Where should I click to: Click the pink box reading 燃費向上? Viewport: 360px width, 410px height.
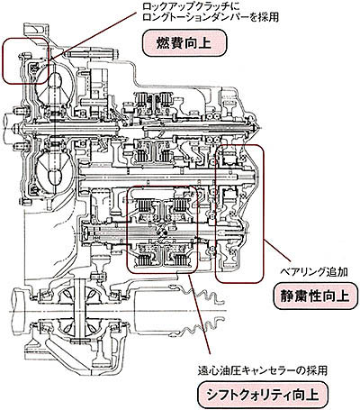[x=184, y=43]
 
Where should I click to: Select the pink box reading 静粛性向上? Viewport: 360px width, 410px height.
[x=316, y=296]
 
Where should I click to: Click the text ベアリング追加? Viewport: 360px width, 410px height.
[x=314, y=272]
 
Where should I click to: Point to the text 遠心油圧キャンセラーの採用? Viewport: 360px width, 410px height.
[x=263, y=370]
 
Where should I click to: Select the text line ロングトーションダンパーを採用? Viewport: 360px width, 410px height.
[x=211, y=17]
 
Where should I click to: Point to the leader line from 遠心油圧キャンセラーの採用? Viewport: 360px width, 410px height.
[x=200, y=314]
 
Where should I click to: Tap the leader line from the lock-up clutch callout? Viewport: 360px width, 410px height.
[x=94, y=36]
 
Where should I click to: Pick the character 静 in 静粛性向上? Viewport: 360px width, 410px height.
[x=287, y=296]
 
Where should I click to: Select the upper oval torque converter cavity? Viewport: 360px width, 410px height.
[x=55, y=82]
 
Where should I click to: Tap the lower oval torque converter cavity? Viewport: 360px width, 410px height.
[x=54, y=176]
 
